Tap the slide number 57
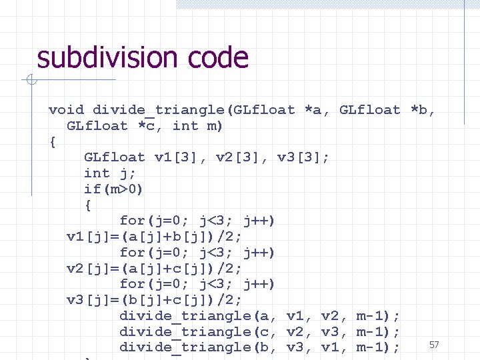(x=434, y=345)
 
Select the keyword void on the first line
(x=66, y=109)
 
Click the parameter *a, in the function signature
(x=317, y=109)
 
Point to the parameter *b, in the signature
(x=423, y=109)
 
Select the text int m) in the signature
(x=198, y=125)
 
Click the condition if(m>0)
(x=113, y=189)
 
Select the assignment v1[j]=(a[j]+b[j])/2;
(x=155, y=237)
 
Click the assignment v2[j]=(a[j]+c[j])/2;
(x=155, y=268)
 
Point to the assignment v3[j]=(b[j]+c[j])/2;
(x=155, y=300)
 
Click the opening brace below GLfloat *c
(x=53, y=141)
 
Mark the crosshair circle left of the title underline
(x=31, y=81)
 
